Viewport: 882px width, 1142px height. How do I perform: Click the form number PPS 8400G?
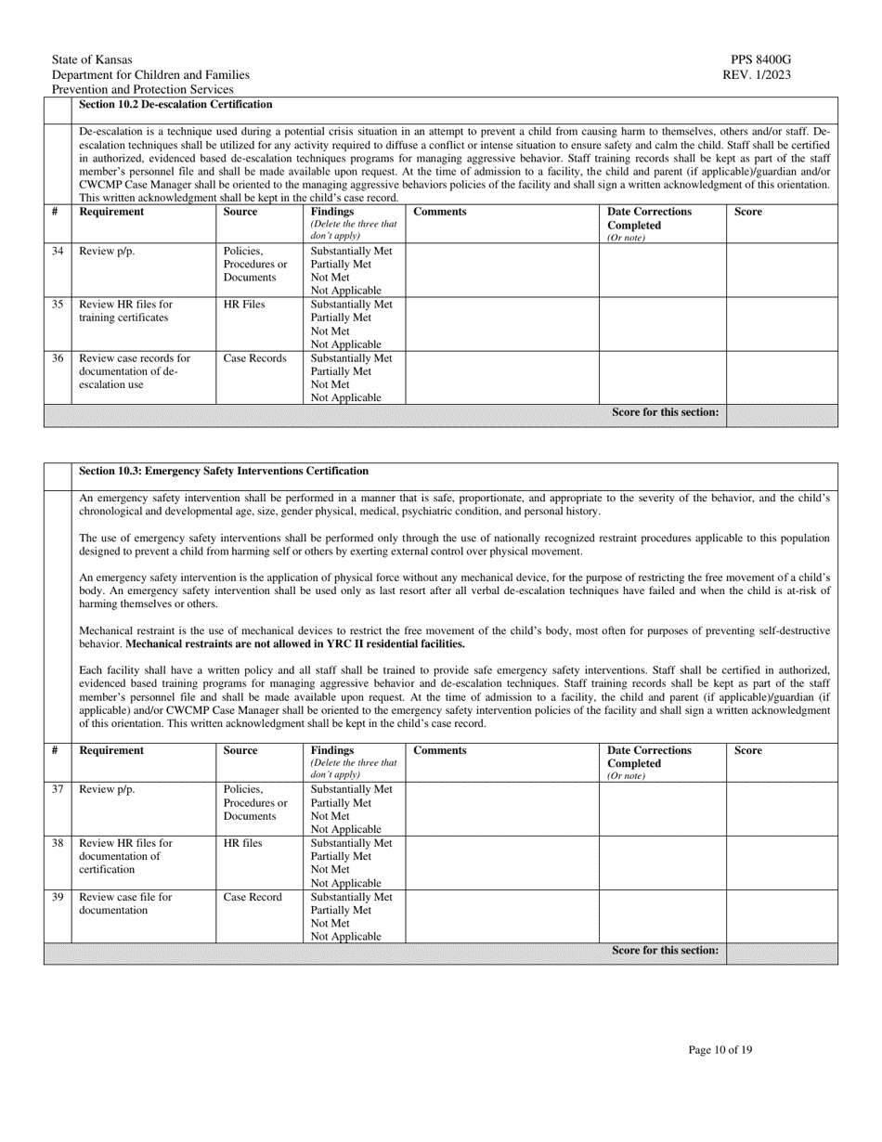click(x=760, y=59)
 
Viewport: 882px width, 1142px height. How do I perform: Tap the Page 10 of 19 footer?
click(x=720, y=1050)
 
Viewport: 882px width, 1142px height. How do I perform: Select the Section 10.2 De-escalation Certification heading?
click(x=176, y=105)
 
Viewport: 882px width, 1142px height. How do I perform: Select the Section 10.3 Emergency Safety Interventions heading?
click(x=224, y=472)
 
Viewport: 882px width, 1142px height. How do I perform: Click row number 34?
click(x=58, y=252)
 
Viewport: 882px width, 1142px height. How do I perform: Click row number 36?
click(x=58, y=358)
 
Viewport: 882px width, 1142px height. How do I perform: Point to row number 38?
click(x=58, y=843)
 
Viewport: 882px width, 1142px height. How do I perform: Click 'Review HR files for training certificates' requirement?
click(x=126, y=311)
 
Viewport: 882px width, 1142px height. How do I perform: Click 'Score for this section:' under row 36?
click(x=665, y=412)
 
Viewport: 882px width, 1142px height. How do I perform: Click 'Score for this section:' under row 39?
click(x=665, y=951)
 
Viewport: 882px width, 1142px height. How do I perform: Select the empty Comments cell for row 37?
click(x=501, y=809)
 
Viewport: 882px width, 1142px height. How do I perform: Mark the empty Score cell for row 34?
click(x=782, y=269)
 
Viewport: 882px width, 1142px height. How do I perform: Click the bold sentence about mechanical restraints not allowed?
click(x=295, y=643)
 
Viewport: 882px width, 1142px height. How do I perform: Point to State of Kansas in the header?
click(x=92, y=59)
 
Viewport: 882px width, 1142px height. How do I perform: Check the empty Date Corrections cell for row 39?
click(x=662, y=916)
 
